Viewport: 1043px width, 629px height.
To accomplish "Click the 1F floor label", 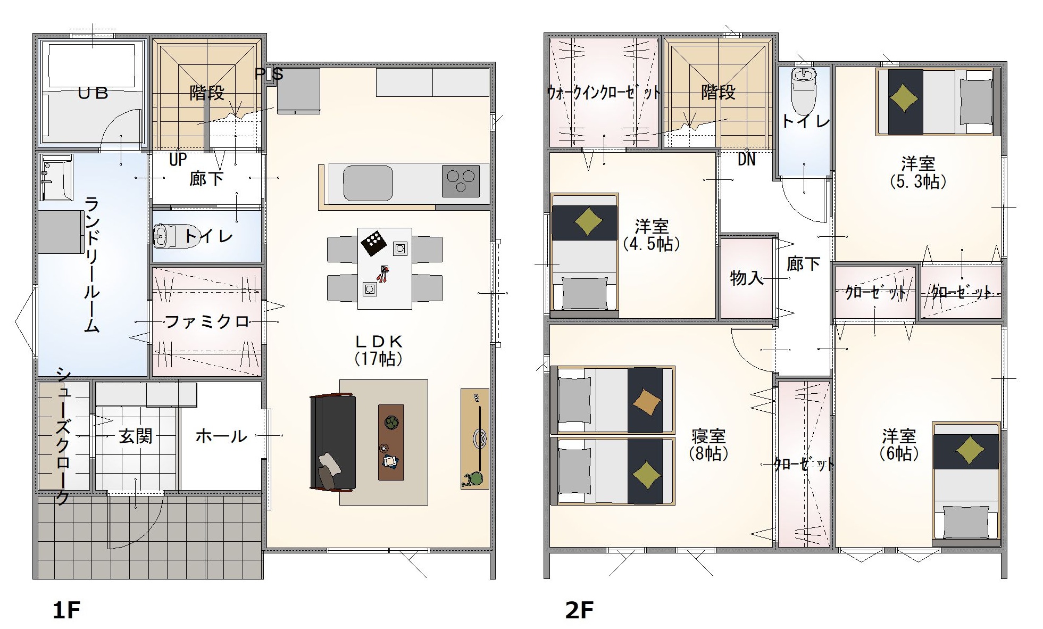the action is click(x=66, y=610).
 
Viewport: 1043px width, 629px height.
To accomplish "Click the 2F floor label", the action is click(x=579, y=610).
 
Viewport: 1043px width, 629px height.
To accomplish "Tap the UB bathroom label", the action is click(x=93, y=94).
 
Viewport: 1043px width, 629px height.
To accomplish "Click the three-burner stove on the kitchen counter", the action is click(x=461, y=181).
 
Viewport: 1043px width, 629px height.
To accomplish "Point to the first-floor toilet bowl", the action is click(x=167, y=237).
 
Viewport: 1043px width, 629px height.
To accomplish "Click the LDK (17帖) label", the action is click(x=379, y=350).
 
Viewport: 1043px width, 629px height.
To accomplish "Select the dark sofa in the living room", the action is click(x=332, y=442).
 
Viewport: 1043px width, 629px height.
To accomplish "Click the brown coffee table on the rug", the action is click(x=391, y=442).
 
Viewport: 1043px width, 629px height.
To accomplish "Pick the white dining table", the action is click(x=385, y=268).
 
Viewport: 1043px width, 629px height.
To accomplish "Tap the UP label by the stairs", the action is click(x=178, y=160).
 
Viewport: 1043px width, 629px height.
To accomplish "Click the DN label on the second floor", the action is click(x=746, y=159).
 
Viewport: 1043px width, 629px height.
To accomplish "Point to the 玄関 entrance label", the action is click(x=136, y=436).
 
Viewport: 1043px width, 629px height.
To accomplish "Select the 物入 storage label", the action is click(x=747, y=277).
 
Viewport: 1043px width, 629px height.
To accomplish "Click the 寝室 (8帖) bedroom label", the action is click(x=708, y=444).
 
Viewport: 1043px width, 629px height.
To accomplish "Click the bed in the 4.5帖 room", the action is click(x=585, y=255).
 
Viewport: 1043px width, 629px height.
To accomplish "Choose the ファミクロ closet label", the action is click(x=207, y=321).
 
